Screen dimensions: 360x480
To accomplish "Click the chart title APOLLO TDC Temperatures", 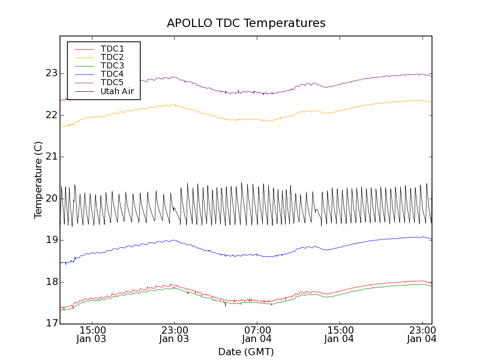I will pyautogui.click(x=246, y=23).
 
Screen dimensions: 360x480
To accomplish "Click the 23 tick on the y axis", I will pyautogui.click(x=51, y=73).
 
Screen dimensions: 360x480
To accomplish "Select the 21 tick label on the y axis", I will pyautogui.click(x=51, y=157).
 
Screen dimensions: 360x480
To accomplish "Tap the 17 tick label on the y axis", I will pyautogui.click(x=51, y=323).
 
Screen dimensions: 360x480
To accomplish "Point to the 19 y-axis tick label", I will pyautogui.click(x=51, y=240).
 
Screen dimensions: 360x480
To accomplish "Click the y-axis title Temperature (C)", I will pyautogui.click(x=38, y=180).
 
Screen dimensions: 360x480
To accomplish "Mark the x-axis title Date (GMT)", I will pyautogui.click(x=246, y=352).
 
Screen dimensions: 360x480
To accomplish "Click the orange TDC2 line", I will pyautogui.click(x=240, y=119).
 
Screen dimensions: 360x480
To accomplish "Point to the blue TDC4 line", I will pyautogui.click(x=240, y=255).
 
